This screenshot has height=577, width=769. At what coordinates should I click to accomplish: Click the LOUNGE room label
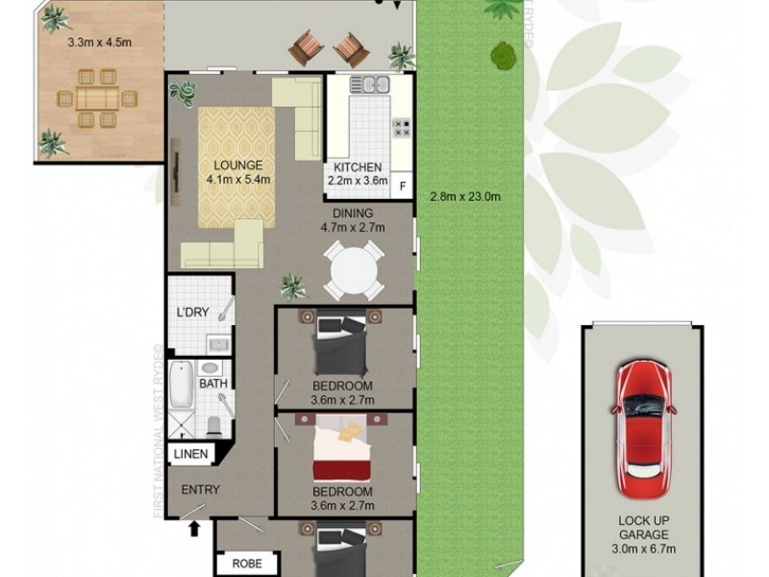tap(237, 164)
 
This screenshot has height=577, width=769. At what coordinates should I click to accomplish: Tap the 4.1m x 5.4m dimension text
tap(237, 179)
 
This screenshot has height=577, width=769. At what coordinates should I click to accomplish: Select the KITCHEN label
tap(357, 166)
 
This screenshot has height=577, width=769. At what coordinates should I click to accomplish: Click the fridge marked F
tap(402, 186)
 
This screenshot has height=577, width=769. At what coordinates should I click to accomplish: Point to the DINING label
tap(353, 213)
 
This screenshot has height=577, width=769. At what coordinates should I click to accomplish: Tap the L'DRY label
tap(193, 312)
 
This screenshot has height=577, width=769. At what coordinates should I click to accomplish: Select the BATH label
tap(212, 384)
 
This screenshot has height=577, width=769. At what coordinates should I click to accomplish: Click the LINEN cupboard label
tap(191, 454)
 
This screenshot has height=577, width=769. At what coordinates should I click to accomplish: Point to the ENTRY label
tap(201, 489)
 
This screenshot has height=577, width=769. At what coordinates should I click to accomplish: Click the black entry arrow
tap(195, 528)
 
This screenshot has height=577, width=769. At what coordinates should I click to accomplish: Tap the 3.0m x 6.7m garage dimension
tap(644, 549)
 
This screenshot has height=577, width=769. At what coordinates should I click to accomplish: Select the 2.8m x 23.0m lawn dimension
tap(465, 197)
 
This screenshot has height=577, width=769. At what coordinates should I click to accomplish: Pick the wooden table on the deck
tap(97, 98)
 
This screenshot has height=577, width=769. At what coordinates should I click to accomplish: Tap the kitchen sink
tap(369, 86)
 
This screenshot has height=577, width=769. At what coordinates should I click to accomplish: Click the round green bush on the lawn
tap(502, 56)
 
